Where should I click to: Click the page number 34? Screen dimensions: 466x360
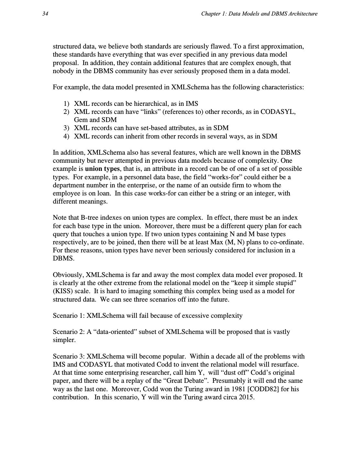[x=45, y=14]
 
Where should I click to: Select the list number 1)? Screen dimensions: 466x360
[x=66, y=104]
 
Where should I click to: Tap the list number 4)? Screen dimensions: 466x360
[x=66, y=136]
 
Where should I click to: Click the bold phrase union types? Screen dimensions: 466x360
[x=102, y=169]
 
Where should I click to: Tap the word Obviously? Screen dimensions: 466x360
[x=69, y=275]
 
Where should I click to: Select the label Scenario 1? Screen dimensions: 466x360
[x=69, y=316]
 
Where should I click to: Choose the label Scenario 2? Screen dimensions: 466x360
[x=69, y=332]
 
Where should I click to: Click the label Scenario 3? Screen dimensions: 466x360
[x=69, y=356]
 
